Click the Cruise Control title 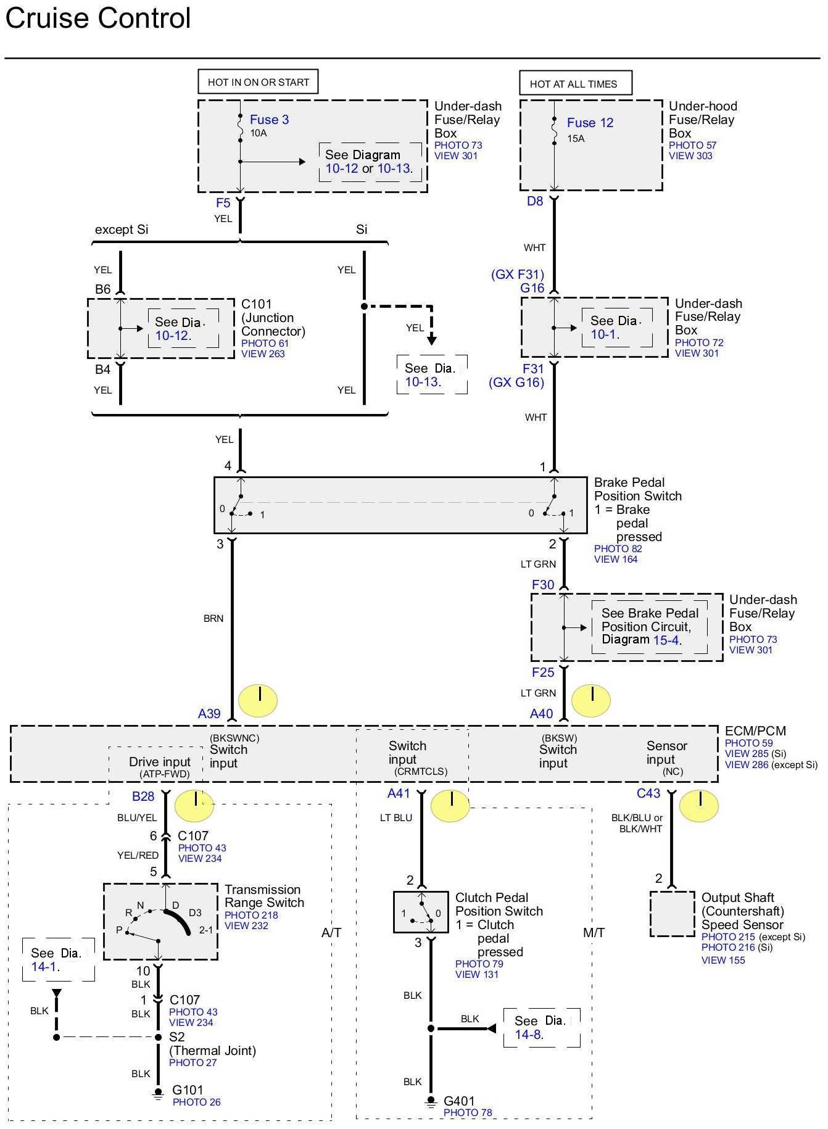(x=98, y=18)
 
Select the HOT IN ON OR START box (x=258, y=82)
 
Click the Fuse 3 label (x=269, y=120)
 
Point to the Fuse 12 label (x=590, y=123)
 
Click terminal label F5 (x=223, y=203)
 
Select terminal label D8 (x=535, y=201)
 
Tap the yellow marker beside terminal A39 (x=258, y=700)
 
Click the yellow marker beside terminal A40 (x=591, y=700)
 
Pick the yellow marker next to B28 (x=194, y=806)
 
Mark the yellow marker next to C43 (x=699, y=806)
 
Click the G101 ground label (x=188, y=1090)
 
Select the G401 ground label (x=459, y=1101)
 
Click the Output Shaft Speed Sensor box (x=673, y=914)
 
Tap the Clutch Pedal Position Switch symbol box (x=421, y=912)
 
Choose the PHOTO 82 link (x=618, y=548)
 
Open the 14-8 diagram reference (x=529, y=1035)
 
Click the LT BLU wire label (x=396, y=817)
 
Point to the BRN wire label (x=213, y=618)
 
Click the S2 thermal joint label (x=177, y=1037)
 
